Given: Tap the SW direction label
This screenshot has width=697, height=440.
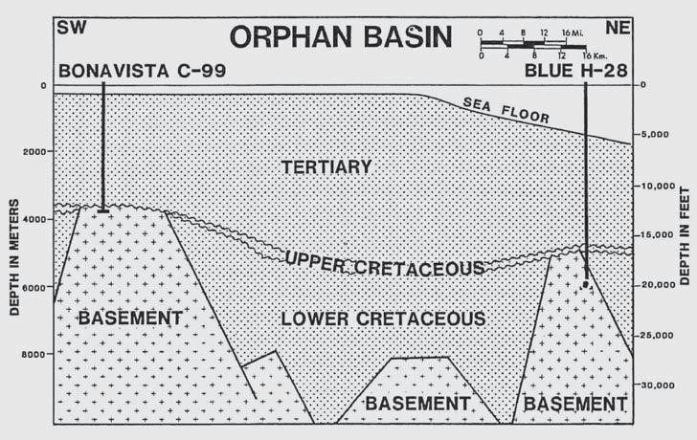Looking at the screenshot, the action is (71, 26).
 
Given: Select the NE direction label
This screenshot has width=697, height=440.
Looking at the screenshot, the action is (618, 26).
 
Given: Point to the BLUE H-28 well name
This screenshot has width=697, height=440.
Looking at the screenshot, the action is (576, 71).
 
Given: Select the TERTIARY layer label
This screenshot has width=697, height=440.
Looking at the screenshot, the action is (326, 167).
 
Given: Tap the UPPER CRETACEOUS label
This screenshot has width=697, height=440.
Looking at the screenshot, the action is (384, 265).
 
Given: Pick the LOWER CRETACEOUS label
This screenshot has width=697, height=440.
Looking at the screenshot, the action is (383, 319).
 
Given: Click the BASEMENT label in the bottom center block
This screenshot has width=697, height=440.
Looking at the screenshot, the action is (419, 403).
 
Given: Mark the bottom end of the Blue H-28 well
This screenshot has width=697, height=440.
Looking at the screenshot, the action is (585, 284).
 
